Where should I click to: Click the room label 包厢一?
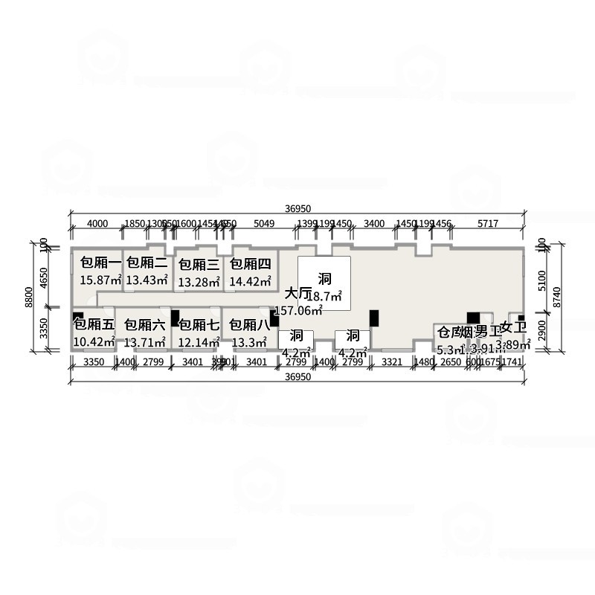pos(100,263)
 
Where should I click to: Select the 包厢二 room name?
pos(147,263)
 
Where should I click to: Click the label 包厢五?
pos(94,325)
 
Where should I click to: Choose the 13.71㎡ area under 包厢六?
pos(145,342)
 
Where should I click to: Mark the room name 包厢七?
pos(199,325)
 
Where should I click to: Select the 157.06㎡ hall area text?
pos(298,310)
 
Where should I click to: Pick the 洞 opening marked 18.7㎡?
pos(324,280)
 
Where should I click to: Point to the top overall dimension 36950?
pos(297,209)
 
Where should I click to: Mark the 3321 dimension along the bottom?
pos(392,362)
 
